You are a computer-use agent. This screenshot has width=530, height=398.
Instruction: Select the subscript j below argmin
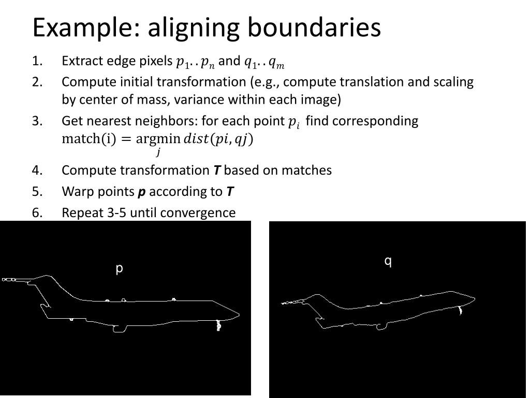(x=158, y=152)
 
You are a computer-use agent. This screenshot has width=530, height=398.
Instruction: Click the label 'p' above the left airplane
(x=119, y=268)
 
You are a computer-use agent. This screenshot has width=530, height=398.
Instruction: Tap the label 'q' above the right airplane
(x=388, y=261)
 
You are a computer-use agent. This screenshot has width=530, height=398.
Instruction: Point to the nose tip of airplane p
(x=239, y=314)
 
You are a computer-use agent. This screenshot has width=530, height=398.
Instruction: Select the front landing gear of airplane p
(x=218, y=325)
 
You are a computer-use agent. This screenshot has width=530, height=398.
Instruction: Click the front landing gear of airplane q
(x=460, y=310)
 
